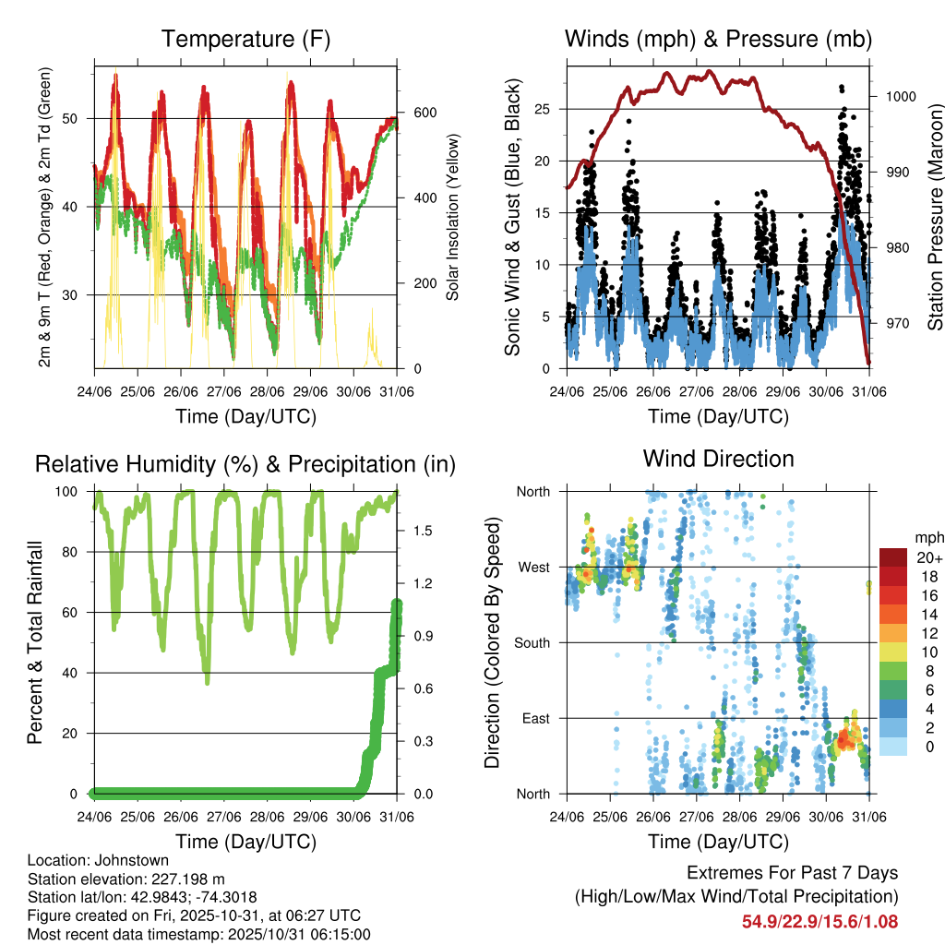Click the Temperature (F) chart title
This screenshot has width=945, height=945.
pos(245,40)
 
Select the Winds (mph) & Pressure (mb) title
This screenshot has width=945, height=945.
pos(718,40)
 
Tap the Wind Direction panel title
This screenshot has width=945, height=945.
pos(718,459)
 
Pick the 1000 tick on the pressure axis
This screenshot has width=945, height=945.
pos(901,96)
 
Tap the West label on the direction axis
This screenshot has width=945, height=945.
pos(532,567)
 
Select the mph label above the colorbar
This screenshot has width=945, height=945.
pos(928,537)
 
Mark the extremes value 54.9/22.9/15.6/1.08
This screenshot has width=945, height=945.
pos(819,921)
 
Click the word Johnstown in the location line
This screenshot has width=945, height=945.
pos(125,860)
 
